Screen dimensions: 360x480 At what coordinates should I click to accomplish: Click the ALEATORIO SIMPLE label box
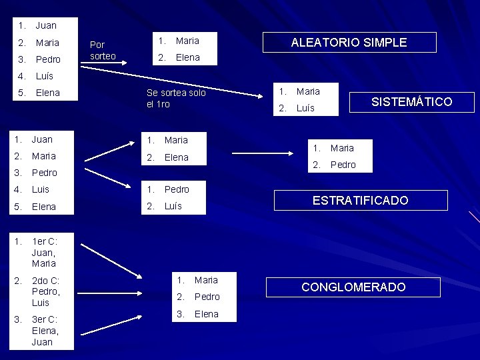pyautogui.click(x=349, y=42)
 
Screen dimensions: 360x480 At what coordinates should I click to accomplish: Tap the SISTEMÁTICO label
pyautogui.click(x=411, y=101)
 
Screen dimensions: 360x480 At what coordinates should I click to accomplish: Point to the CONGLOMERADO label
pyautogui.click(x=353, y=287)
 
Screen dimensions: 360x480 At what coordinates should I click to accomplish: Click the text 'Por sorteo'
pyautogui.click(x=103, y=50)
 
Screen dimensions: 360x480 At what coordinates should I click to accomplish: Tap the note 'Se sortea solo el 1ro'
pyautogui.click(x=175, y=98)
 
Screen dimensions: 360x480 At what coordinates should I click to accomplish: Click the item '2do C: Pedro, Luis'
pyautogui.click(x=46, y=291)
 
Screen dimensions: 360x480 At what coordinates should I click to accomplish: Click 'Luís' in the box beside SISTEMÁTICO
pyautogui.click(x=305, y=108)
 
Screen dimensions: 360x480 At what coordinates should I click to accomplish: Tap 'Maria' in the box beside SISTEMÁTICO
pyautogui.click(x=308, y=91)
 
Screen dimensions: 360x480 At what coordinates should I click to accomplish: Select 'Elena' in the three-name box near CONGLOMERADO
pyautogui.click(x=206, y=314)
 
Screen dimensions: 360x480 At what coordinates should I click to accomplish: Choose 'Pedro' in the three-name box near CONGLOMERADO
pyautogui.click(x=207, y=297)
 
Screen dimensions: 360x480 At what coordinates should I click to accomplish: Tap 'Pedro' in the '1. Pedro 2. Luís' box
pyautogui.click(x=177, y=189)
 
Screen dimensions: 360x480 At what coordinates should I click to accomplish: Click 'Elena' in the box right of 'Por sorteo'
pyautogui.click(x=187, y=57)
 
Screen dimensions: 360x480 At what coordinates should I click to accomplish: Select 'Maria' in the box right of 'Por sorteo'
pyautogui.click(x=187, y=41)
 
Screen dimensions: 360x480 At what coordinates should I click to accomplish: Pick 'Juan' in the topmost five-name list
pyautogui.click(x=46, y=25)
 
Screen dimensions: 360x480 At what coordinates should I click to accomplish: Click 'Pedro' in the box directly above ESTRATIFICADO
pyautogui.click(x=343, y=165)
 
